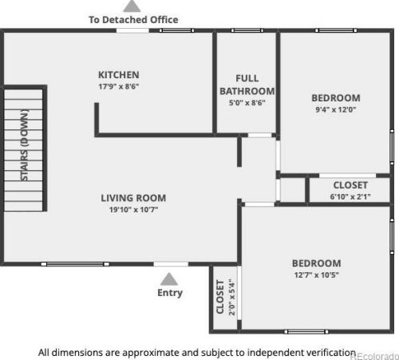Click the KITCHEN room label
(119, 75)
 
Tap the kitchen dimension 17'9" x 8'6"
(119, 86)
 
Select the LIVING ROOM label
(133, 198)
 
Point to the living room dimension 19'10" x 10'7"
(133, 210)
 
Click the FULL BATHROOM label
(247, 85)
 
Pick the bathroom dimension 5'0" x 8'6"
(247, 103)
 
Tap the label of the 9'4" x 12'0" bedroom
(336, 98)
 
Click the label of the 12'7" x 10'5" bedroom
(317, 263)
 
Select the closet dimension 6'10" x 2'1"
(350, 196)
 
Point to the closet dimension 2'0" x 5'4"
(232, 297)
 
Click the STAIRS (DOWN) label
(25, 145)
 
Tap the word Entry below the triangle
(170, 293)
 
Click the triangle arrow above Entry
(169, 279)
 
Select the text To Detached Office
(133, 20)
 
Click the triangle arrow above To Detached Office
(132, 6)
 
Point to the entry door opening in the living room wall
(171, 264)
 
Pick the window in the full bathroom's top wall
(247, 30)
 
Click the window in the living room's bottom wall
(75, 264)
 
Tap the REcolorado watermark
(374, 356)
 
